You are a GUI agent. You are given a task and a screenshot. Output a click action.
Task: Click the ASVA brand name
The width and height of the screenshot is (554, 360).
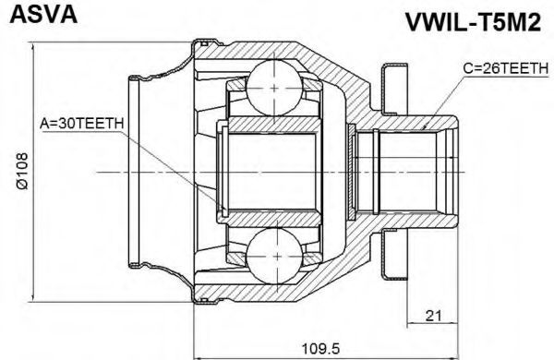43,15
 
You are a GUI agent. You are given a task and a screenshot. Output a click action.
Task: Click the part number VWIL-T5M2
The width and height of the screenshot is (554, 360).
473,22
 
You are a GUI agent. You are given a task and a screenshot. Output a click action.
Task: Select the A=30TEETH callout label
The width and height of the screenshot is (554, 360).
81,124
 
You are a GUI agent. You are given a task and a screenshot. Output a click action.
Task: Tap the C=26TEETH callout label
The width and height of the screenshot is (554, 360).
506,68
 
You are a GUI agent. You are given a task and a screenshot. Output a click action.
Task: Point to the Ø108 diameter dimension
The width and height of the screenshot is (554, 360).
22,172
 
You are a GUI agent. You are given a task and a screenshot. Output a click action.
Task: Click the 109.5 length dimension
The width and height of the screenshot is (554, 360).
320,348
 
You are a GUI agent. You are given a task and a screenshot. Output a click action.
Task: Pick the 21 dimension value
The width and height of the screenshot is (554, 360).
433,315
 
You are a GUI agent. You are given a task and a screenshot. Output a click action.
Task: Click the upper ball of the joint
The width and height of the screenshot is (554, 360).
274,88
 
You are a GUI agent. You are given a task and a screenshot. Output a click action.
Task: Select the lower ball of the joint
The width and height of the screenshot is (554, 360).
274,256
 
